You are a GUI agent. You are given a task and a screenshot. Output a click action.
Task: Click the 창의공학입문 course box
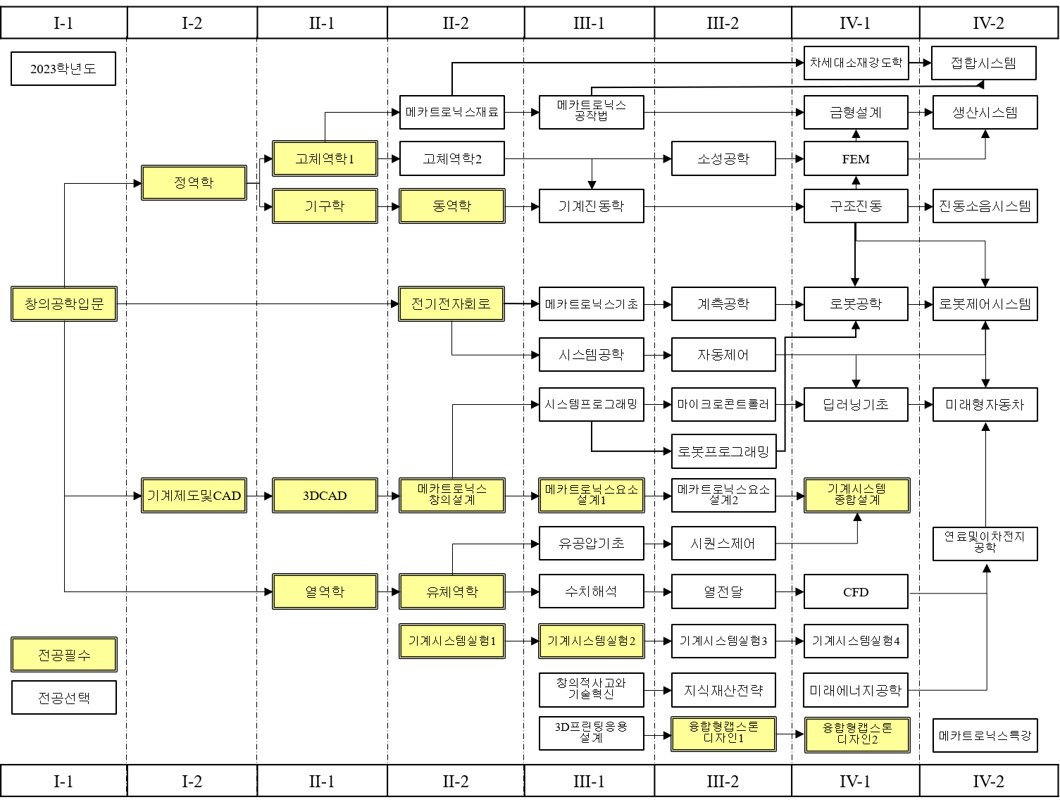64,304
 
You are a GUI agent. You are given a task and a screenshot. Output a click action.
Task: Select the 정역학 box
194,183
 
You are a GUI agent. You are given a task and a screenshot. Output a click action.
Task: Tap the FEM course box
856,159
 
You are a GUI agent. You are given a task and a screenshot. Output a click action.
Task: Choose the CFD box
856,592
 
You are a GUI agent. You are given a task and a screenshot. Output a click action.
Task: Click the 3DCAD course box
325,496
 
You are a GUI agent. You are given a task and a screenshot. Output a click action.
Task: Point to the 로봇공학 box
856,304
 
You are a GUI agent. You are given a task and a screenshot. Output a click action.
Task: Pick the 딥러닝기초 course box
856,405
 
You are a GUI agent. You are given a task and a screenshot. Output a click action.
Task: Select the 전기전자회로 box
451,304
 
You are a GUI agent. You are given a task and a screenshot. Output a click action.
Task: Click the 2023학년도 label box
63,69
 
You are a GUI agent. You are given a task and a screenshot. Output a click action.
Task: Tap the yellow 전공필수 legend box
64,655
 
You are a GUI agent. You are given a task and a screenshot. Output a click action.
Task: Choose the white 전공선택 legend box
64,698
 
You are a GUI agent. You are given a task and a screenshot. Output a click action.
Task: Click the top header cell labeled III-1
589,23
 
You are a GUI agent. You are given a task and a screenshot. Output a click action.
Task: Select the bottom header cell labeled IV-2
988,781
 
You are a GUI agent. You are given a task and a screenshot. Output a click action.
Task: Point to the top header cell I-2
192,23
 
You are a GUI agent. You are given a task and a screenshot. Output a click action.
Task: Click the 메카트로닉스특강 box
985,736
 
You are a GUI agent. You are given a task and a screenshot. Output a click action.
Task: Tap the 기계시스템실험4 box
856,641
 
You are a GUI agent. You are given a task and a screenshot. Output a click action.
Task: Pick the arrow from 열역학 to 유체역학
389,592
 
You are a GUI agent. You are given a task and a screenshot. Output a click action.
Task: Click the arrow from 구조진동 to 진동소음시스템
921,207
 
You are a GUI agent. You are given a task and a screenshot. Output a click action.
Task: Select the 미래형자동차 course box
985,405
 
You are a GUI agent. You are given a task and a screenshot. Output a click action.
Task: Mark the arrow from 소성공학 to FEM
790,159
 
